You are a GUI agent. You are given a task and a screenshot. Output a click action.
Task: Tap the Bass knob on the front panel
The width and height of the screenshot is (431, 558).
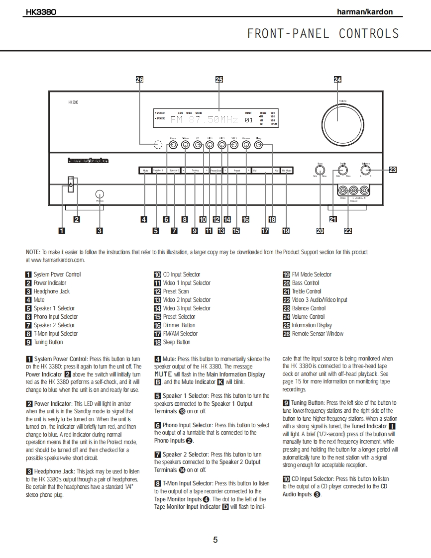(x=320, y=170)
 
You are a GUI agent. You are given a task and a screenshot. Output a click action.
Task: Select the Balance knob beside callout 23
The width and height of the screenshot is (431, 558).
(x=366, y=170)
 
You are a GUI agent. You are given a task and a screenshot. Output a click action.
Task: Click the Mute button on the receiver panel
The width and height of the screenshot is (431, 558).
(x=145, y=171)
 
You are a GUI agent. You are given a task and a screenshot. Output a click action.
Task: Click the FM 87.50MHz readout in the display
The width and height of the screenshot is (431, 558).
(x=205, y=119)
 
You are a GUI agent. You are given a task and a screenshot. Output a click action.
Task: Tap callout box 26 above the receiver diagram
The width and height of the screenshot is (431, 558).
(x=139, y=80)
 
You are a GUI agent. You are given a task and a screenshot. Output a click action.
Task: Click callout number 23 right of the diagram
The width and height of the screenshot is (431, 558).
(x=393, y=170)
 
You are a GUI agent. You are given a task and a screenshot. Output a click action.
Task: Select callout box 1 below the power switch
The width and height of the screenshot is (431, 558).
(x=61, y=230)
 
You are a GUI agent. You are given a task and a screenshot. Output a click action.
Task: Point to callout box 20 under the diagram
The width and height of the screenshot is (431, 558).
(x=320, y=230)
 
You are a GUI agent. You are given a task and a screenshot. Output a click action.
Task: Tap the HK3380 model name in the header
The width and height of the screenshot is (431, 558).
(x=41, y=12)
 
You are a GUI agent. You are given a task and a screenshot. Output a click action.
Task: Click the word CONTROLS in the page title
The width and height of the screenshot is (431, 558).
(x=369, y=33)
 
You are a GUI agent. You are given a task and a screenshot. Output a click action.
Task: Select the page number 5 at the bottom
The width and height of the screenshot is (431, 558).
(x=215, y=540)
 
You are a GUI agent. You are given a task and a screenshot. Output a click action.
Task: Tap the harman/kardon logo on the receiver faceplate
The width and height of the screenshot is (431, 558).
(x=88, y=161)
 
